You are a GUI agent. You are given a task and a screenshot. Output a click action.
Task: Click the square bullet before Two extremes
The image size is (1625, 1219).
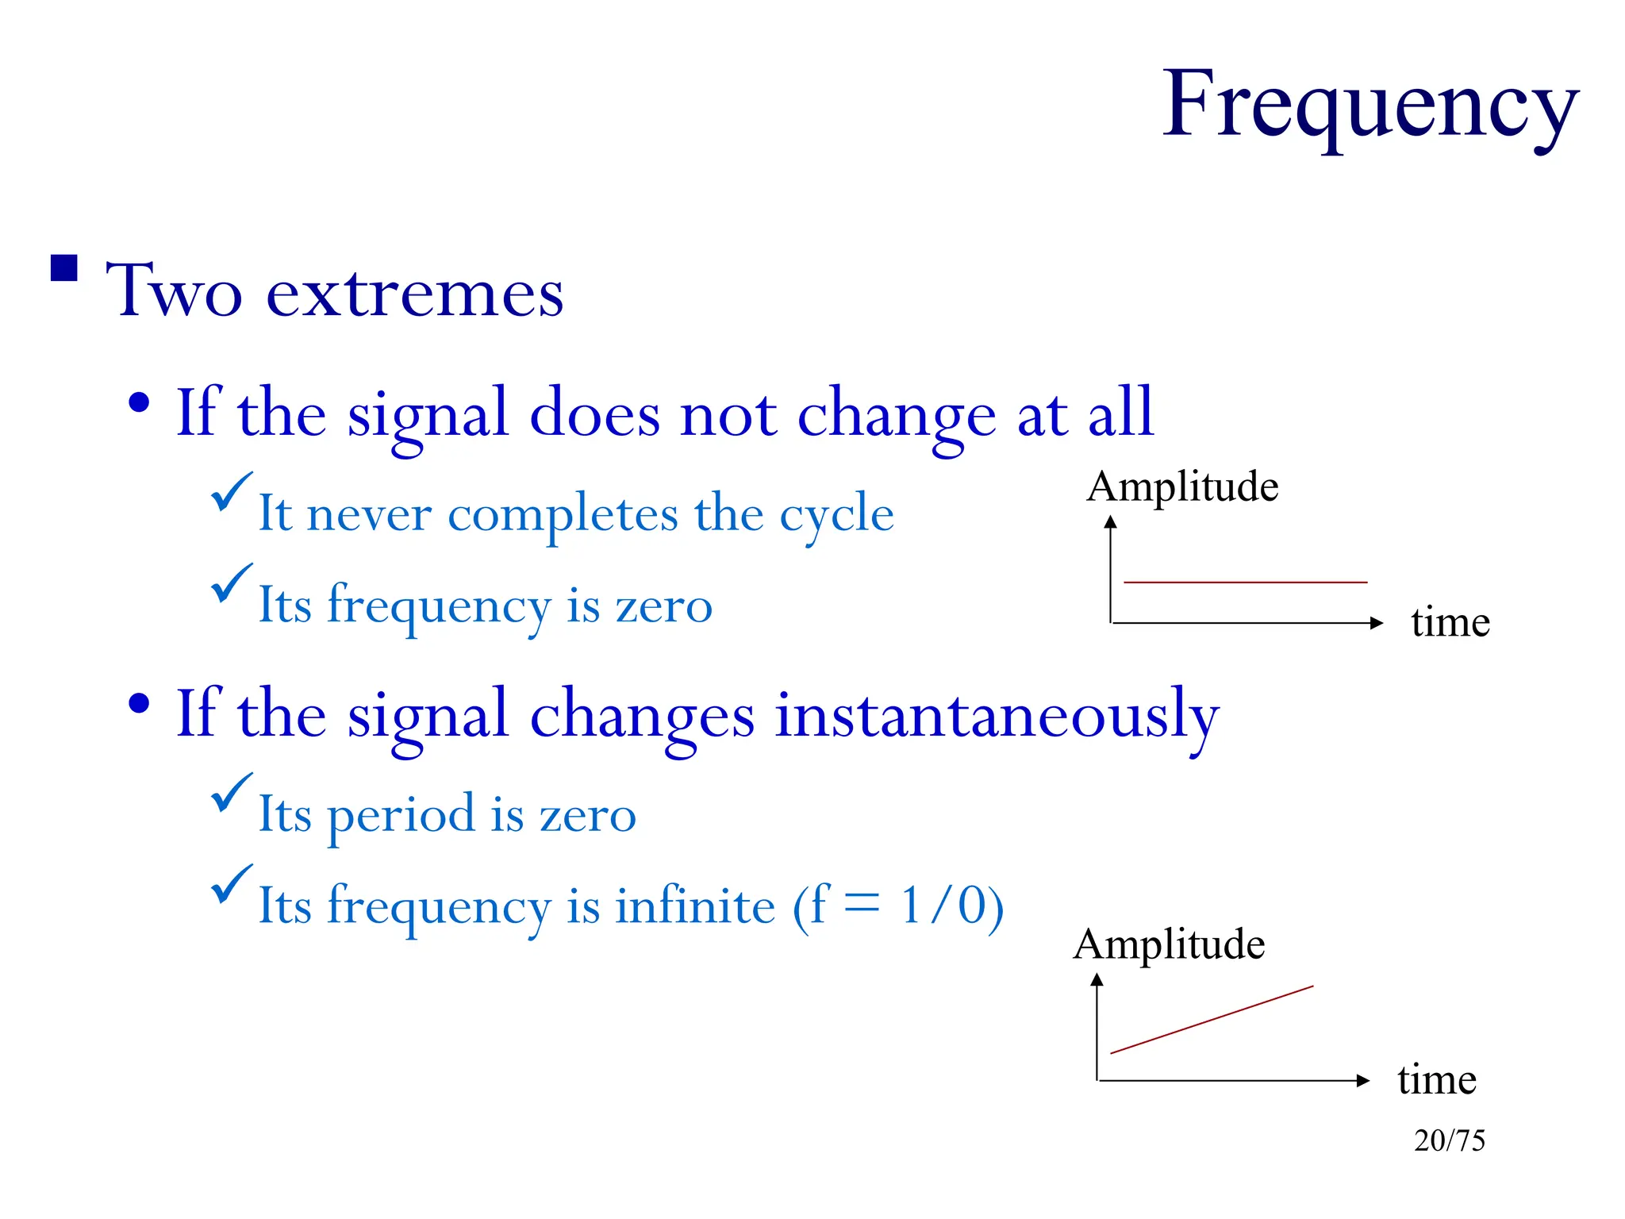(64, 268)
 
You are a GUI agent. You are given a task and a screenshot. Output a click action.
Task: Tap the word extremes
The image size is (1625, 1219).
(414, 293)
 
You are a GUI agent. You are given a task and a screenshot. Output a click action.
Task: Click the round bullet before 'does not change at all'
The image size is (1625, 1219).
(139, 403)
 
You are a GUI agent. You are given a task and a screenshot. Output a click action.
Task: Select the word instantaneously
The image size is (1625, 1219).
(997, 714)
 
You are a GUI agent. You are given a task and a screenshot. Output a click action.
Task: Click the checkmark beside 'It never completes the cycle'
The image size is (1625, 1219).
(231, 492)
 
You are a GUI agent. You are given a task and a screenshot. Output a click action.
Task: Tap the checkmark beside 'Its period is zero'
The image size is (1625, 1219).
(231, 793)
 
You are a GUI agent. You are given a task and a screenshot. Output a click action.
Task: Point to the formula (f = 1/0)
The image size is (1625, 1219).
(898, 906)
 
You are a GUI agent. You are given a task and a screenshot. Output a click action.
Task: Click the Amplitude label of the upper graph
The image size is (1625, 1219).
(1182, 486)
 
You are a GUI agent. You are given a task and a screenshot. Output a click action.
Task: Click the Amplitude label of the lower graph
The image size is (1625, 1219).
(1169, 944)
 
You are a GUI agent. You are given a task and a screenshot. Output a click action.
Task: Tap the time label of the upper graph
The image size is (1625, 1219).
(1450, 622)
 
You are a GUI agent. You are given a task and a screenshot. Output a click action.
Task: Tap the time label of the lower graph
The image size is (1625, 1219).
(1437, 1079)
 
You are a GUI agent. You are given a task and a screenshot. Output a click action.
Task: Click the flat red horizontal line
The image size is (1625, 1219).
(1245, 583)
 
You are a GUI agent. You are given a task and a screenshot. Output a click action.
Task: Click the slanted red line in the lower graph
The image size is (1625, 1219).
(1212, 1020)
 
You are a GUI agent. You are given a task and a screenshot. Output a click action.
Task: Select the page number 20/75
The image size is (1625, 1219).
(1449, 1140)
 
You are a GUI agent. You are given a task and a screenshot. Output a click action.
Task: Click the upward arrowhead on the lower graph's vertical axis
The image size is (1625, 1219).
(1097, 980)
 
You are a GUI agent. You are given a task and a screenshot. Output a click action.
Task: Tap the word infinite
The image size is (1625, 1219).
(695, 906)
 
